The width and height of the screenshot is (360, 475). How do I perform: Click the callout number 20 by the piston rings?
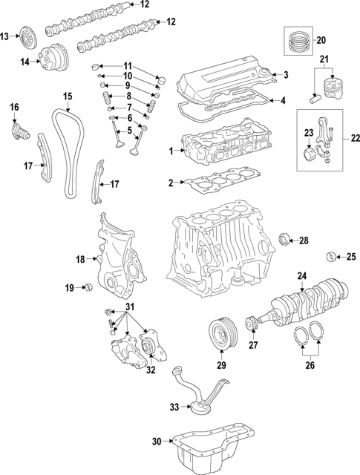pyautogui.click(x=321, y=40)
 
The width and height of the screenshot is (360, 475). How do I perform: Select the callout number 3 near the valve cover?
pyautogui.click(x=285, y=75)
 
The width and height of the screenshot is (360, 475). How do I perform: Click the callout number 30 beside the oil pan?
pyautogui.click(x=157, y=442)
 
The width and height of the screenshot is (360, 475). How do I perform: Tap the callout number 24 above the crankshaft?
pyautogui.click(x=301, y=275)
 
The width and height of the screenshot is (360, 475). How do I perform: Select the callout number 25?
pyautogui.click(x=351, y=258)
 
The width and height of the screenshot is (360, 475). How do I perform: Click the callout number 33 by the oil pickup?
pyautogui.click(x=174, y=406)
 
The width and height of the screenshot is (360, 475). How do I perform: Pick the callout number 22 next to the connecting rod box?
pyautogui.click(x=355, y=137)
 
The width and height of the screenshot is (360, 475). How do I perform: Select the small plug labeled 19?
pyautogui.click(x=88, y=287)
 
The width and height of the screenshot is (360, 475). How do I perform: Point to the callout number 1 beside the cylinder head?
pyautogui.click(x=170, y=151)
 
